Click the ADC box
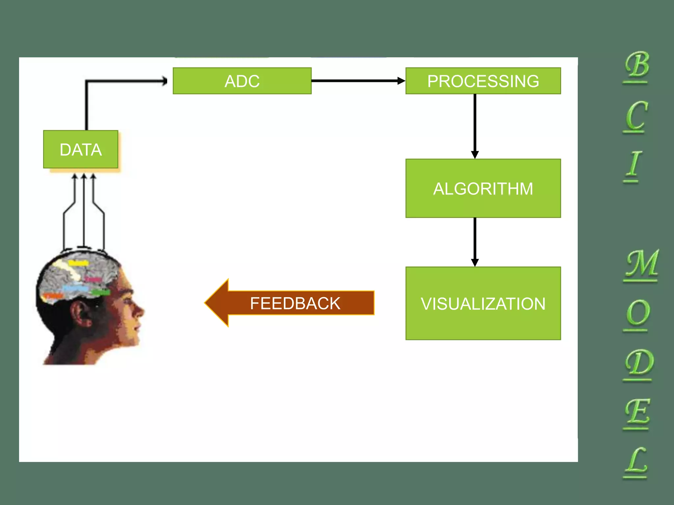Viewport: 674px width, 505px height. [x=242, y=81]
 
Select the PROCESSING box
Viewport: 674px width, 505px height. [x=483, y=81]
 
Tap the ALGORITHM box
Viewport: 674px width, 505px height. [x=483, y=188]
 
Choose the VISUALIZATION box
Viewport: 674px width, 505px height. [x=483, y=303]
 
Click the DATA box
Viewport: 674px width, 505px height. [x=81, y=149]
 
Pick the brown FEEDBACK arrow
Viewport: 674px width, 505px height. [x=290, y=303]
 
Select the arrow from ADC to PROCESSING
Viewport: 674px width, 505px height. [x=357, y=81]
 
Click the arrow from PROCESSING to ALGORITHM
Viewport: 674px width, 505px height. [x=475, y=125]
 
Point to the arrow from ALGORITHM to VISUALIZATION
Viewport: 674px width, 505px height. [x=475, y=242]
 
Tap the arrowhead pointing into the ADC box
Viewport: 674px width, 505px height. [x=164, y=81]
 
